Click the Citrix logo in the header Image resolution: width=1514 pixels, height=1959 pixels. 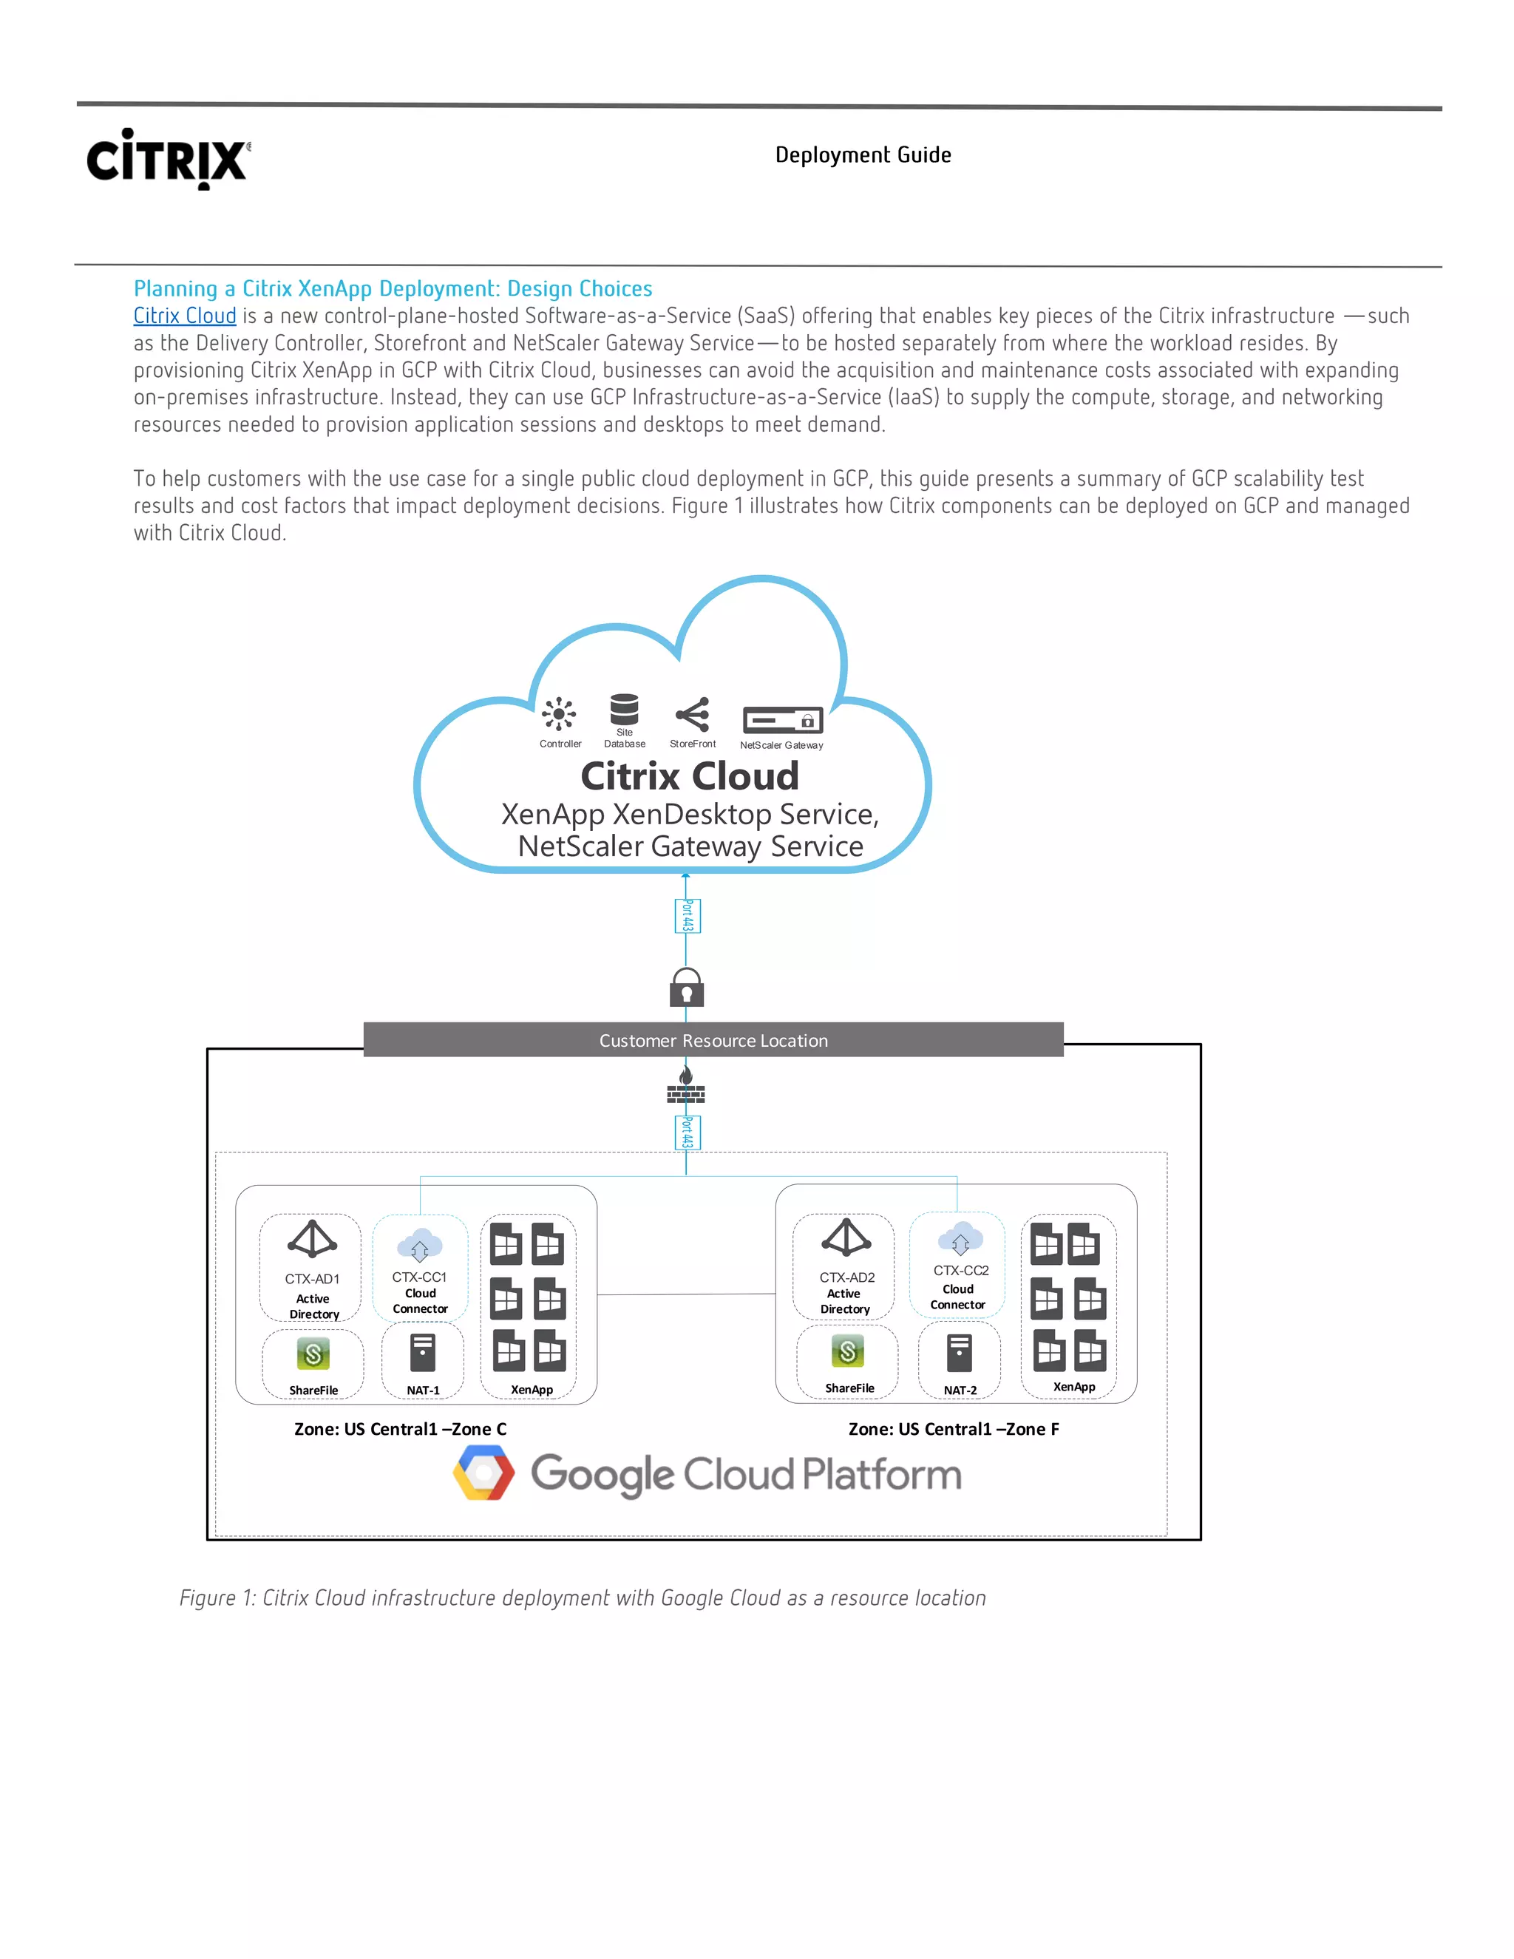click(168, 159)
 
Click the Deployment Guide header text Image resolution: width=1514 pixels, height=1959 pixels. click(863, 155)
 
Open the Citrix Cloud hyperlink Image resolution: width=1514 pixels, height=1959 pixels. click(185, 316)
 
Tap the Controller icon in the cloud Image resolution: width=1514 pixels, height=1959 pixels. click(559, 715)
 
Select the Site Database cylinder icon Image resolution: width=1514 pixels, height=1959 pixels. click(624, 709)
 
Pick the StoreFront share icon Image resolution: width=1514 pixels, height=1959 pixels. click(693, 715)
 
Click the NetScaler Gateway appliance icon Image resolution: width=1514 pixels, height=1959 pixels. click(782, 720)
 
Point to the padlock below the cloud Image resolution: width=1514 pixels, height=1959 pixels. click(686, 988)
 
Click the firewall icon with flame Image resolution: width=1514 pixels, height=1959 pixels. click(686, 1084)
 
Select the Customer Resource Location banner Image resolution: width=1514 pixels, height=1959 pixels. click(713, 1041)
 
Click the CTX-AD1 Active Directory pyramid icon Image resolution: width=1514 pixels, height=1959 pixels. click(312, 1239)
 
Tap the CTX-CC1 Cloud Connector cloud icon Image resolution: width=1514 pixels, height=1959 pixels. click(420, 1246)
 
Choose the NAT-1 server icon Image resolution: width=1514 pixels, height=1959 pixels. click(422, 1353)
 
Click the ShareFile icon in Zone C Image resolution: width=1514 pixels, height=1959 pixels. click(313, 1354)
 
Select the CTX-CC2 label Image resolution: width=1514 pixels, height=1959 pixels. click(960, 1270)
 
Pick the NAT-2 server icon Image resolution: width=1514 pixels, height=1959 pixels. click(960, 1353)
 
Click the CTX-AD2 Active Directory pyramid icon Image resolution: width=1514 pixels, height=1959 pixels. click(846, 1237)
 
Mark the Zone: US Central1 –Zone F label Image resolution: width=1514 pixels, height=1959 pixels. click(954, 1429)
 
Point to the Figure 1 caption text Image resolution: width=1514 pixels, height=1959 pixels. click(582, 1598)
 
